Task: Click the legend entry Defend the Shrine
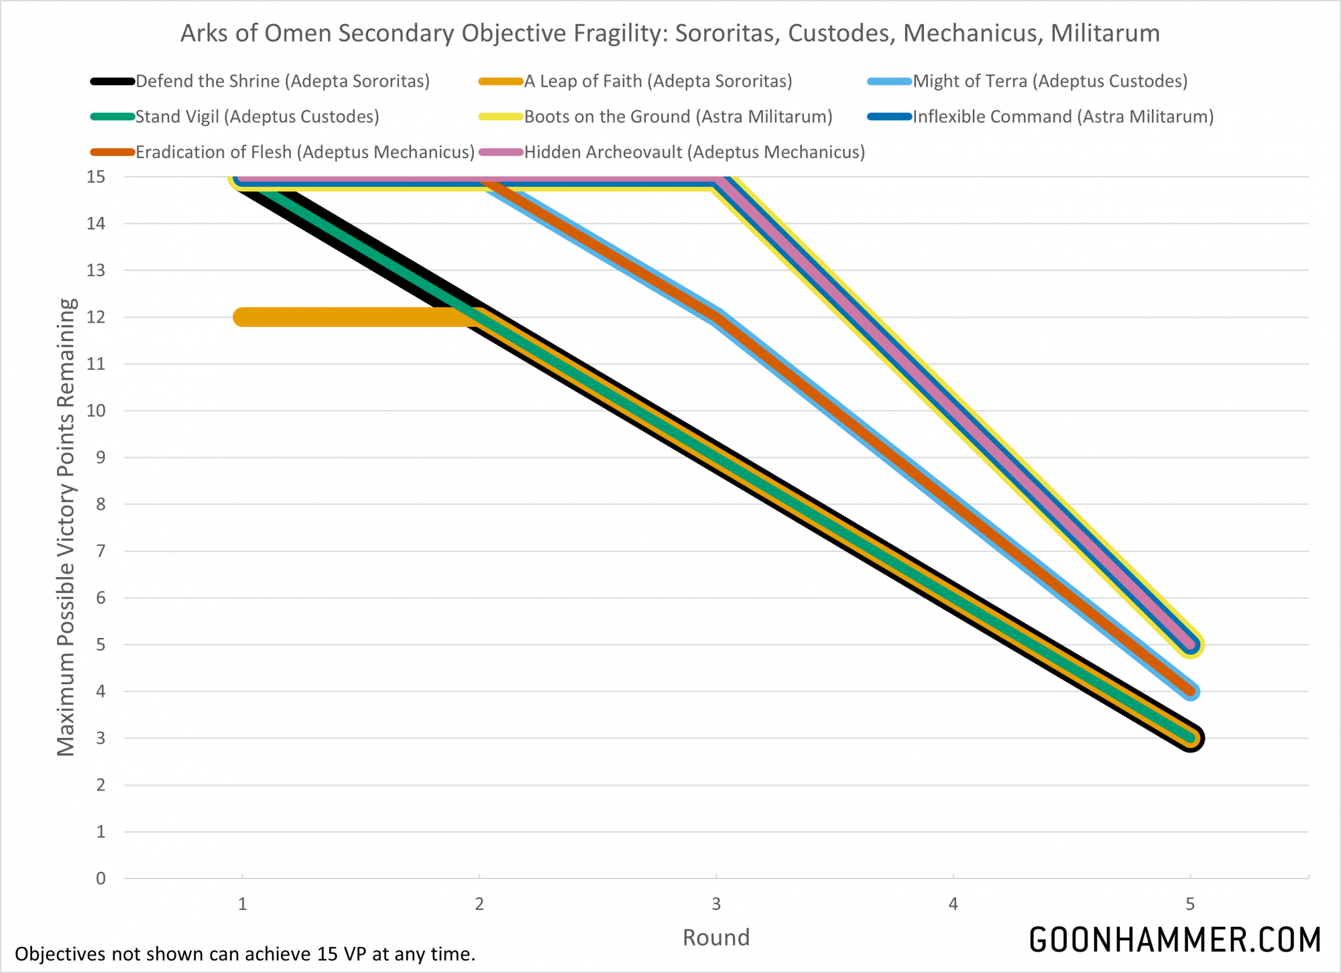click(282, 81)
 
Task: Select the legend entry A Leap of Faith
click(658, 81)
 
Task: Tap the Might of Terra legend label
click(1050, 81)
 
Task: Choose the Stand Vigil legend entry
click(257, 117)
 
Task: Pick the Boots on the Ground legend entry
click(678, 117)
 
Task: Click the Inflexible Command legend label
click(1063, 117)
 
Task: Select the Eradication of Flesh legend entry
click(305, 152)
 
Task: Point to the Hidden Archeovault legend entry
click(694, 152)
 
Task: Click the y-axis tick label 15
click(96, 177)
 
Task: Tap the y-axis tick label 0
click(101, 879)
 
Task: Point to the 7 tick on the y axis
click(101, 551)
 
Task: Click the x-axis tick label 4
click(953, 904)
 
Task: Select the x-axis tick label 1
click(242, 904)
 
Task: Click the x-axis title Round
click(715, 937)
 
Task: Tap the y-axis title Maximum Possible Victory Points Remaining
click(66, 527)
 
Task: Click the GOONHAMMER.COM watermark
click(1175, 939)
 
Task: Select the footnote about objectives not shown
click(245, 954)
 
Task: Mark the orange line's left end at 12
click(243, 317)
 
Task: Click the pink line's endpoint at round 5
click(1190, 645)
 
